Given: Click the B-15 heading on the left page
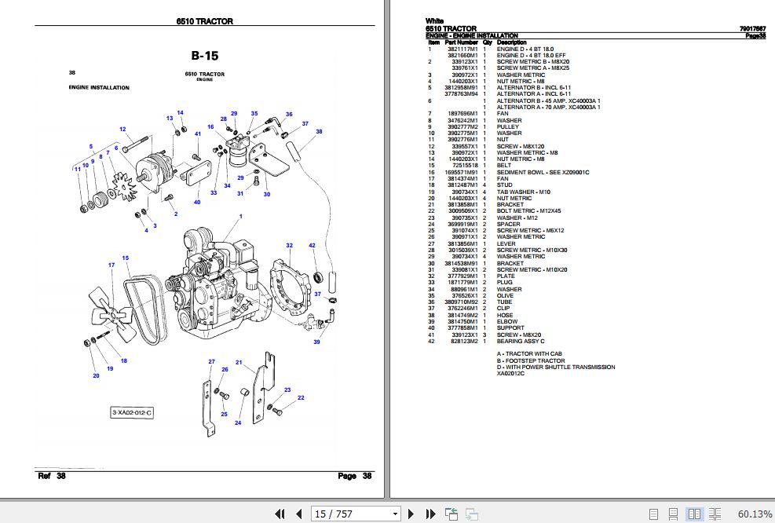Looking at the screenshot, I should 205,56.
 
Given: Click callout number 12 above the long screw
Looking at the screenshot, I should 122,130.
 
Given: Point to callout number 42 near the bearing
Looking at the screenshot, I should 312,246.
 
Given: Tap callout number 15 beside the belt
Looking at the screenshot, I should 125,258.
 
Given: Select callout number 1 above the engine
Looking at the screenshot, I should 240,216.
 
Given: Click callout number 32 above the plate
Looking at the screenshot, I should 289,246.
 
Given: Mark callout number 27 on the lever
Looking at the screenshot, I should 210,361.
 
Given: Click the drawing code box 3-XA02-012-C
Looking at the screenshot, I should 131,413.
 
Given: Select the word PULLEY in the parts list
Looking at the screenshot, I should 508,127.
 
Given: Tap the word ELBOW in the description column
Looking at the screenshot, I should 506,322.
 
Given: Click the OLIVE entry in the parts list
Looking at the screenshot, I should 506,296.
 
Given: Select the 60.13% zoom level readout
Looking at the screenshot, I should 754,514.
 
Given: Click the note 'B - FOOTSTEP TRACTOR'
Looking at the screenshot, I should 530,360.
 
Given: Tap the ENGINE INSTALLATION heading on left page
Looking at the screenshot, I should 99,88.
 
